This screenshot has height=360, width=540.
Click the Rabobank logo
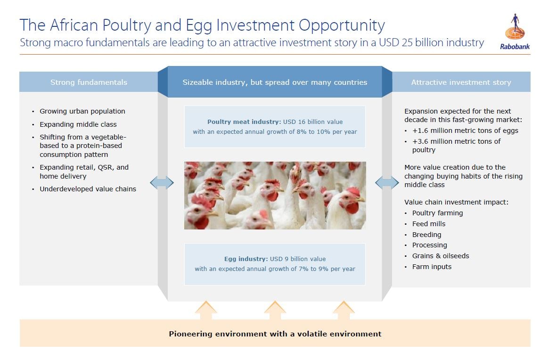[515, 32]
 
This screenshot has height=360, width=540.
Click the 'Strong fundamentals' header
[89, 82]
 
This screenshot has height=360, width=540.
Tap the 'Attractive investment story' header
[461, 82]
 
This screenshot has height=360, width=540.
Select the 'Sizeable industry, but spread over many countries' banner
[275, 82]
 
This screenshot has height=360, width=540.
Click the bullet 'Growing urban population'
[82, 111]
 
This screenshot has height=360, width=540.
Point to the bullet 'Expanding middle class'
[78, 124]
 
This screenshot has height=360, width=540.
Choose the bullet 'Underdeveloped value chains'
[88, 189]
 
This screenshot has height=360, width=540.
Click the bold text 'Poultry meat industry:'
[244, 122]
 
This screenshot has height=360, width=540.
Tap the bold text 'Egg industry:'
[246, 259]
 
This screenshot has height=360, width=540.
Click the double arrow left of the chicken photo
[162, 182]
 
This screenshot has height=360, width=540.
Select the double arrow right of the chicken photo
[387, 182]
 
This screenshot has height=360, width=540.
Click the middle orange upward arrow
[275, 310]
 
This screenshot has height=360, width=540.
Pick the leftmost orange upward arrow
[206, 310]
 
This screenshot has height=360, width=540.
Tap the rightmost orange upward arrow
[344, 310]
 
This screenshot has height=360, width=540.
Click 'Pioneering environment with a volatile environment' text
[275, 334]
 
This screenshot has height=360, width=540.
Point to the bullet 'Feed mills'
[429, 224]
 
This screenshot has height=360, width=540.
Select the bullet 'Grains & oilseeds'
[441, 256]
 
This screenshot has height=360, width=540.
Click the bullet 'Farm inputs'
[432, 267]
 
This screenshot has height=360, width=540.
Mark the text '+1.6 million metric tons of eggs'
[465, 131]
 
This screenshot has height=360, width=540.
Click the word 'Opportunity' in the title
[342, 25]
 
